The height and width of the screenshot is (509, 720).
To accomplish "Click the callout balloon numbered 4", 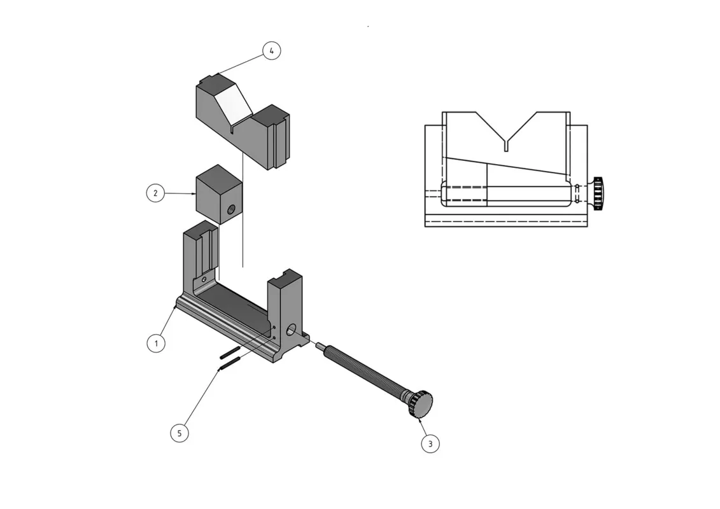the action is (x=271, y=50).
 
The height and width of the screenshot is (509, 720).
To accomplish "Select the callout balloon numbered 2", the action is (x=155, y=193).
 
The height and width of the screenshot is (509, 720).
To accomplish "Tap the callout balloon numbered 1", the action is (x=156, y=344).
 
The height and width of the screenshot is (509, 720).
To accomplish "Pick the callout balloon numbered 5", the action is (x=180, y=433).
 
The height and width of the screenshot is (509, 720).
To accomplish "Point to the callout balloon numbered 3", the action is (x=430, y=444).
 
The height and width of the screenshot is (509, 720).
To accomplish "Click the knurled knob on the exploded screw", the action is (x=421, y=403).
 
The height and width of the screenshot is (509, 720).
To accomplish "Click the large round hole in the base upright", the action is (x=291, y=330).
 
